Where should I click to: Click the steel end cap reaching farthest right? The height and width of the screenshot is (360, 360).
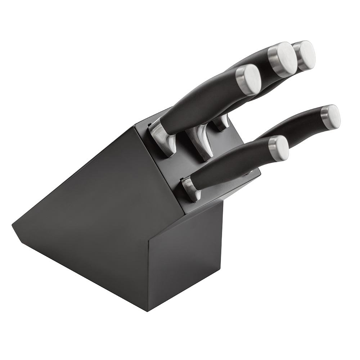[x=331, y=117]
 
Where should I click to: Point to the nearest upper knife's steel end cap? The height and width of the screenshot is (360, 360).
[x=248, y=79]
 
